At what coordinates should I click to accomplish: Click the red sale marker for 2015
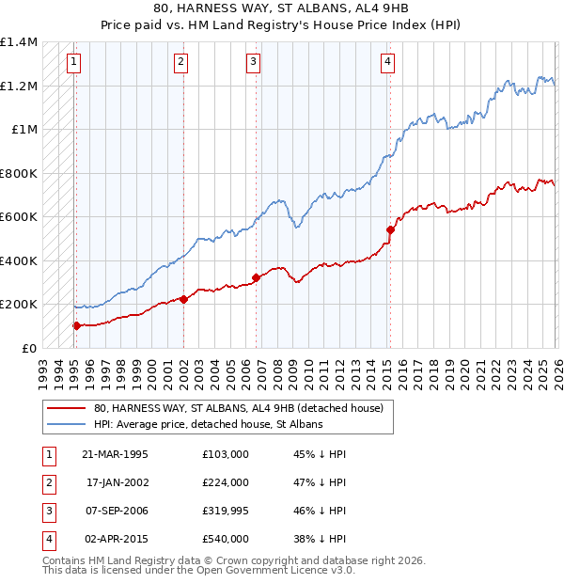click(390, 228)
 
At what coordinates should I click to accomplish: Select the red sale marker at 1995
click(76, 325)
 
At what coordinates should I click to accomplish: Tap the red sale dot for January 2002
click(183, 299)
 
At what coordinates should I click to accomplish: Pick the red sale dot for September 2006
click(256, 277)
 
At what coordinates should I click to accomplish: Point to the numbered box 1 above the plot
click(73, 62)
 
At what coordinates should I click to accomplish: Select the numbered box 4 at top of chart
click(387, 62)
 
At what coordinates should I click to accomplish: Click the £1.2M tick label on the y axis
click(19, 86)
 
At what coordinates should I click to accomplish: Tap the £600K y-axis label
click(19, 216)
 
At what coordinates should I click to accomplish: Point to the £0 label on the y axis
click(26, 348)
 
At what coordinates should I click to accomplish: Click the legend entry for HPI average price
click(208, 424)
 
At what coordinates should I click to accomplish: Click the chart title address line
click(282, 8)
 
